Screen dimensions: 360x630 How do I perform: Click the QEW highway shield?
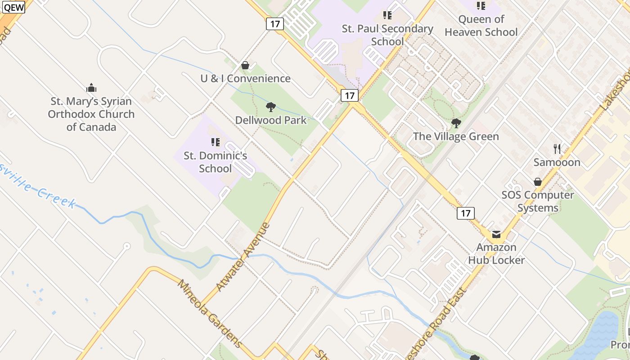(13, 7)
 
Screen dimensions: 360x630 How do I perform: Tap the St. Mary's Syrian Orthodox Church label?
(91, 114)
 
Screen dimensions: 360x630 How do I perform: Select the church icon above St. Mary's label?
(91, 88)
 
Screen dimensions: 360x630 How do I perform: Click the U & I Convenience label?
(245, 78)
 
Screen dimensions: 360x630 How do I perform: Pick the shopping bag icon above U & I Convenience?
(245, 66)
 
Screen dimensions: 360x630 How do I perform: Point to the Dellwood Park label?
(271, 120)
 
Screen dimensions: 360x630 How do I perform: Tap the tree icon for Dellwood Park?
(270, 107)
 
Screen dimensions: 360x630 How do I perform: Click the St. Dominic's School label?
(216, 162)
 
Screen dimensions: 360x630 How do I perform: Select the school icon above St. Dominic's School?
(216, 142)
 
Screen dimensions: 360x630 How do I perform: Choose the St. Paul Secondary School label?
(387, 35)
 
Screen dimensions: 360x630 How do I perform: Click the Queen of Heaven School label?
(481, 26)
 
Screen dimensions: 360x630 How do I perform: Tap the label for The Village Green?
(456, 136)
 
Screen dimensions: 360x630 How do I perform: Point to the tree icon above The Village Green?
(456, 123)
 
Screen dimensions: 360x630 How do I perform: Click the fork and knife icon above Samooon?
(557, 148)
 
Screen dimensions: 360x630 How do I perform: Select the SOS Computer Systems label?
(538, 201)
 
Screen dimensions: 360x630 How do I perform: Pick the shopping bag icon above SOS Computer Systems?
(538, 182)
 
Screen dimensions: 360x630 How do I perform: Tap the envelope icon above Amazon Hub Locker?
(496, 234)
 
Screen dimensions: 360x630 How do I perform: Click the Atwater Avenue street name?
(243, 257)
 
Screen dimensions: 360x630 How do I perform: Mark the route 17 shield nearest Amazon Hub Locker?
(466, 213)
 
